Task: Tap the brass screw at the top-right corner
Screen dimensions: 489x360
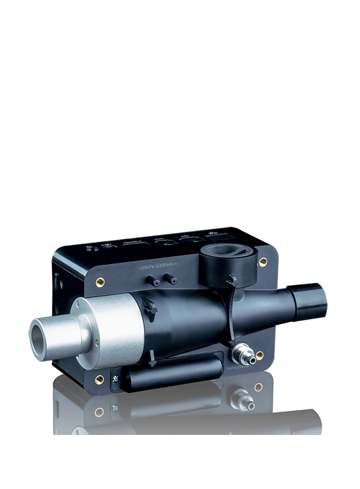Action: (x=263, y=261)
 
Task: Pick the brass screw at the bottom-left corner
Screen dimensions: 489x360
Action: (x=99, y=379)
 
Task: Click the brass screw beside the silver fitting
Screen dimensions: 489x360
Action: (x=260, y=355)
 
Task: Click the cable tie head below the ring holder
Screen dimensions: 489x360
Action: (x=232, y=281)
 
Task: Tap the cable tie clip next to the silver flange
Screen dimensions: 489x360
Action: (x=150, y=309)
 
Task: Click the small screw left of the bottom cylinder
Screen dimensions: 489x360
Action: (x=116, y=380)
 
